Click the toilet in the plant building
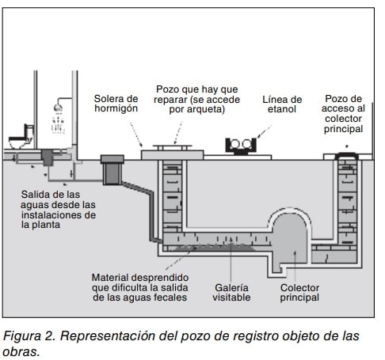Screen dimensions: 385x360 [21, 137]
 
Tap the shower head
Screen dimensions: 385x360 [58, 108]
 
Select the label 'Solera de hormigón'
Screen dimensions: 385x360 [116, 104]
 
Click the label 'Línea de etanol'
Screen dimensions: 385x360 [282, 104]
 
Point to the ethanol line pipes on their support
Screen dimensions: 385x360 [241, 145]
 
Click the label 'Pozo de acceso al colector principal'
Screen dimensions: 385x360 [343, 114]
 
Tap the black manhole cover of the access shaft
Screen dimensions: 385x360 [347, 156]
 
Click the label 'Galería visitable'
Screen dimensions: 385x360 [231, 293]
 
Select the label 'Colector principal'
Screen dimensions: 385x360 [299, 293]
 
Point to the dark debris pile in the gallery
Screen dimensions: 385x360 [214, 247]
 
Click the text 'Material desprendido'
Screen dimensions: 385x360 [140, 278]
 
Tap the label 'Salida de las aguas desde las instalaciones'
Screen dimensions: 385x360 [58, 210]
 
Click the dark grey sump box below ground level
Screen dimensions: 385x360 [112, 170]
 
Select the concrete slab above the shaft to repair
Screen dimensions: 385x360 [172, 155]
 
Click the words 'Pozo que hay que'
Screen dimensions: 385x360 [197, 89]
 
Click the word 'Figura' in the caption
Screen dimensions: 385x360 [22, 336]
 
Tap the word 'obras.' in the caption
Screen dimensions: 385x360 [21, 352]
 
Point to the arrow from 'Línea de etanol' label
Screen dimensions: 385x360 [264, 131]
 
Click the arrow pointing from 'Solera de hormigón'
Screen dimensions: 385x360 [135, 135]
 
